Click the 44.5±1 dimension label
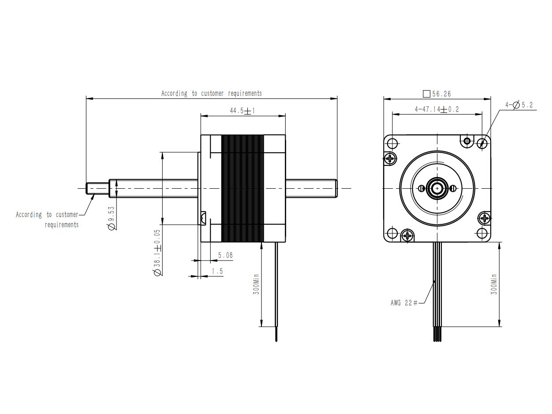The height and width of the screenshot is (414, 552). pyautogui.click(x=242, y=111)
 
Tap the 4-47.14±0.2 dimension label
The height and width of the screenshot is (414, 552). pyautogui.click(x=436, y=109)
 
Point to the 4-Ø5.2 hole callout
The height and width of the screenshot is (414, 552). pyautogui.click(x=519, y=105)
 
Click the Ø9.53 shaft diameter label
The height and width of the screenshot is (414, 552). pyautogui.click(x=112, y=218)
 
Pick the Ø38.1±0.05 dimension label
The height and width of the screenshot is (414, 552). pyautogui.click(x=157, y=252)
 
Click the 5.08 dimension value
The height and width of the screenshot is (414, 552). pyautogui.click(x=225, y=255)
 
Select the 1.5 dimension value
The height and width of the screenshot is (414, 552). pyautogui.click(x=217, y=271)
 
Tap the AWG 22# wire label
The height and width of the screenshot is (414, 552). pyautogui.click(x=404, y=303)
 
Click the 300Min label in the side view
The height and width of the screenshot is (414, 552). pyautogui.click(x=256, y=284)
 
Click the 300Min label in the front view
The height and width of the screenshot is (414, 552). pyautogui.click(x=494, y=284)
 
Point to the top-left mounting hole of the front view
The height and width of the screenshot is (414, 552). pyautogui.click(x=392, y=144)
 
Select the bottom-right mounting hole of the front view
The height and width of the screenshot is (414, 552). pyautogui.click(x=482, y=233)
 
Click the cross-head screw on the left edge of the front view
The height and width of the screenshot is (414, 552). pyautogui.click(x=390, y=158)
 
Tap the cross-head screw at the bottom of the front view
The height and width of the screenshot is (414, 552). pyautogui.click(x=407, y=235)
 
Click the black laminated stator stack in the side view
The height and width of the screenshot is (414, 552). pyautogui.click(x=242, y=189)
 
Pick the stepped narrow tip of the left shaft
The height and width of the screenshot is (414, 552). pyautogui.click(x=97, y=189)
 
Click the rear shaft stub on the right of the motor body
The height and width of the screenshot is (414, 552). pyautogui.click(x=311, y=189)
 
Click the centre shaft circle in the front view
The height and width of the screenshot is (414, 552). pyautogui.click(x=437, y=188)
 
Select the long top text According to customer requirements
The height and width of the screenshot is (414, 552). pyautogui.click(x=212, y=93)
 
